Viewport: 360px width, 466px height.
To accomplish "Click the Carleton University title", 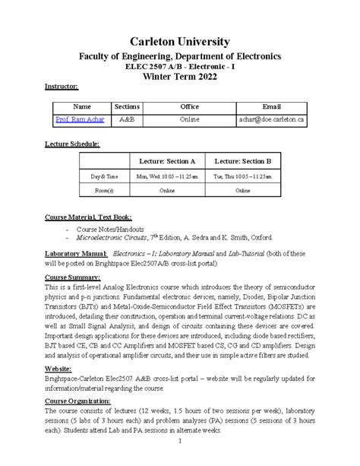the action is [180, 40].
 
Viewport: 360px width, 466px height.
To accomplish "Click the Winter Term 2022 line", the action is [180, 76].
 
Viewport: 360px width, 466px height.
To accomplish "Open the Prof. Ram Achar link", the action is [78, 120].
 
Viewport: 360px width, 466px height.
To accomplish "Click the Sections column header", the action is [127, 106].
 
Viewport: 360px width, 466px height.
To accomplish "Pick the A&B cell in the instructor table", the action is [127, 120].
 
